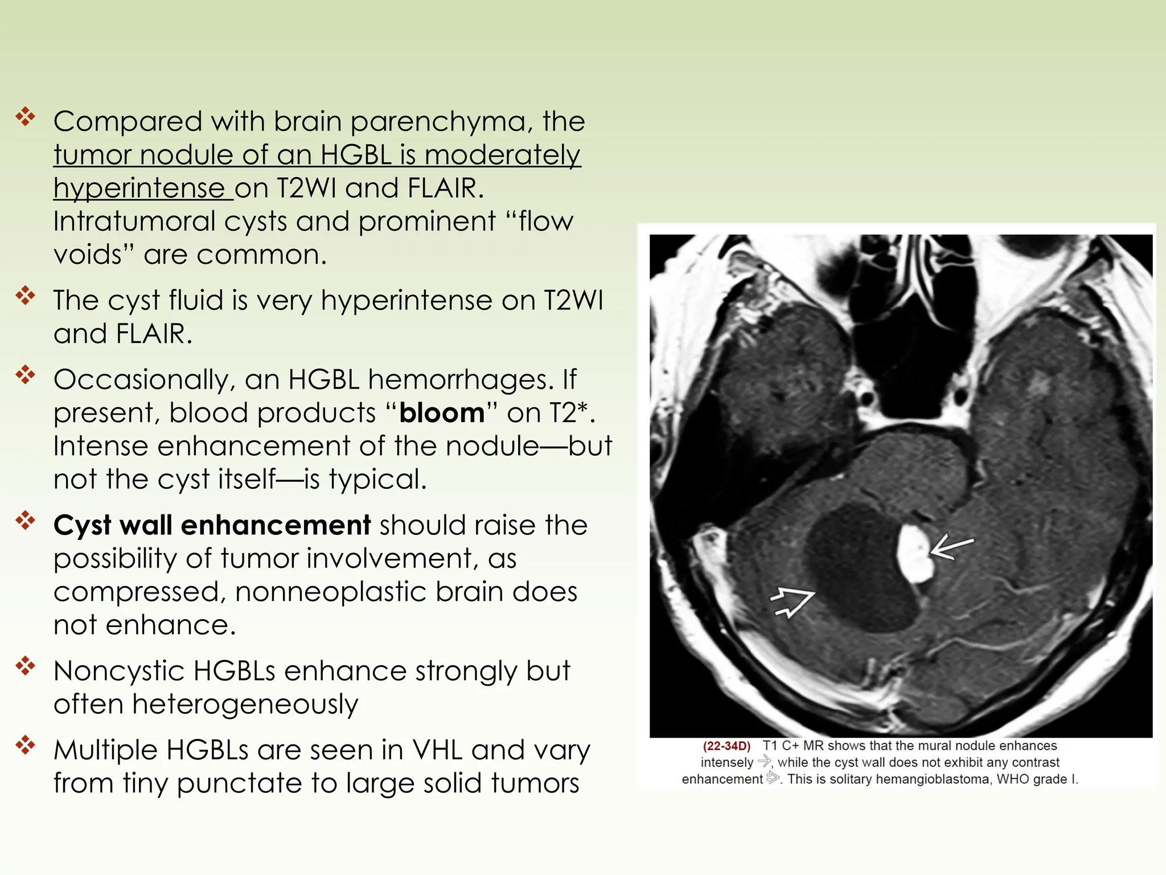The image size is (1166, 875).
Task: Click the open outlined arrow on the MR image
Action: pyautogui.click(x=792, y=603)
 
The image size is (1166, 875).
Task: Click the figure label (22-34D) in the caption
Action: pyautogui.click(x=726, y=746)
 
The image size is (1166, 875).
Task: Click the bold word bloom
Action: pyautogui.click(x=442, y=413)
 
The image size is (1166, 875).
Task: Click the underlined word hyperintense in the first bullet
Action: pyautogui.click(x=139, y=189)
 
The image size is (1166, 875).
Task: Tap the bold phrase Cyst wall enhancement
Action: pyautogui.click(x=212, y=525)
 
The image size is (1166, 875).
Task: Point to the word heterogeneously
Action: pyautogui.click(x=245, y=705)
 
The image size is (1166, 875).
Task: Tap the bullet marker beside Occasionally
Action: pyautogui.click(x=26, y=375)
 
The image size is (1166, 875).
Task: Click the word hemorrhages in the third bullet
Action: pyautogui.click(x=461, y=380)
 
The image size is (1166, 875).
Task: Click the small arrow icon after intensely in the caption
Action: pyautogui.click(x=764, y=762)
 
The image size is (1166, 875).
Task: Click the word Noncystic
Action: pyautogui.click(x=121, y=671)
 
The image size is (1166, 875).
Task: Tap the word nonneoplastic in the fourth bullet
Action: pyautogui.click(x=331, y=592)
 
